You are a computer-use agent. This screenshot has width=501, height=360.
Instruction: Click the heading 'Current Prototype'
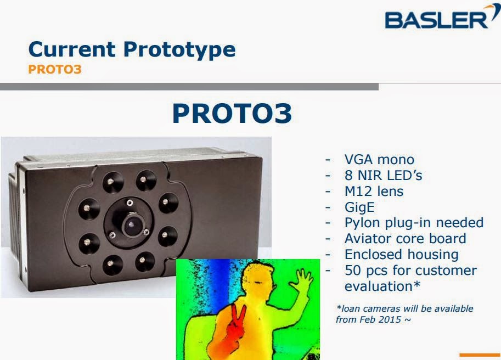click(132, 49)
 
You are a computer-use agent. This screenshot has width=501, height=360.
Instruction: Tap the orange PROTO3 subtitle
click(55, 70)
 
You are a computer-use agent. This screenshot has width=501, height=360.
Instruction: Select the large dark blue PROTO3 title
click(232, 114)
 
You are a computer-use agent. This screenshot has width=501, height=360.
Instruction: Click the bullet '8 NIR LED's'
click(383, 176)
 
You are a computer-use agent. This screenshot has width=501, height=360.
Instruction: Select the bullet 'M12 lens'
click(374, 192)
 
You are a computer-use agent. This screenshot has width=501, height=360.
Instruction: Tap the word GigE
click(360, 207)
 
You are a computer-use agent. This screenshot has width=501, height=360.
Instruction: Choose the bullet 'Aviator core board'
click(405, 239)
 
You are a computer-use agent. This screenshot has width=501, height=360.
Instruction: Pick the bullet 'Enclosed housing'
click(401, 255)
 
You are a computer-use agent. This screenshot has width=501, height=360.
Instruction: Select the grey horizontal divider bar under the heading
click(189, 86)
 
